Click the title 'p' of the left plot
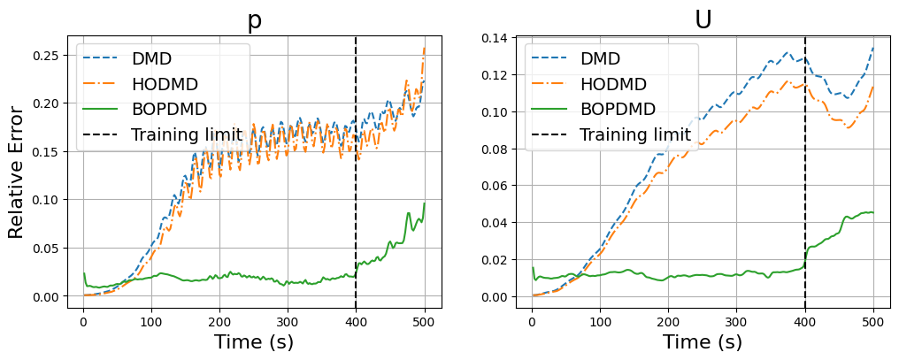click(255, 20)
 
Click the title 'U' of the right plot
click(703, 20)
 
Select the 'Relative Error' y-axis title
click(16, 172)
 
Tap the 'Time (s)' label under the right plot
click(703, 341)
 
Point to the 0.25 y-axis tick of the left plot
click(45, 55)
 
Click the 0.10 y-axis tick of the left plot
click(45, 200)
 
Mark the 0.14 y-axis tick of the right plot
click(494, 38)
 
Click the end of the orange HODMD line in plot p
click(425, 48)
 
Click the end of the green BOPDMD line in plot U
click(873, 212)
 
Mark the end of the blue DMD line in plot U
click(873, 48)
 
